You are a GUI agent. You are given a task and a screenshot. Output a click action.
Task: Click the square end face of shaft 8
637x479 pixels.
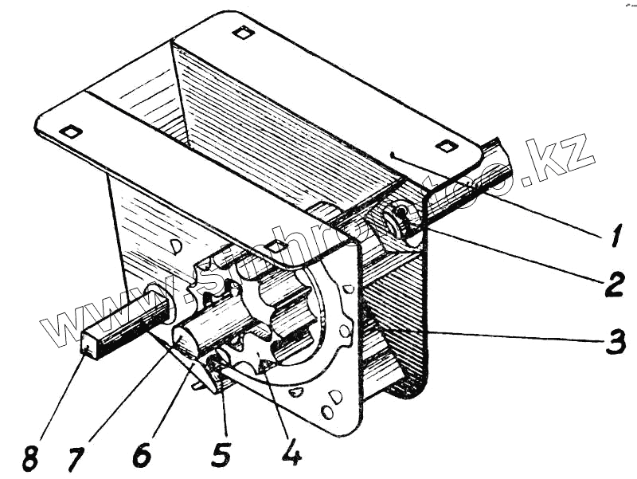[92, 345]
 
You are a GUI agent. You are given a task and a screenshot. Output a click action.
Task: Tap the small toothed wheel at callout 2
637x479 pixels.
[396, 222]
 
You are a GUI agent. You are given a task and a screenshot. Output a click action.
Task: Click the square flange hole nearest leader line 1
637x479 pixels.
[445, 145]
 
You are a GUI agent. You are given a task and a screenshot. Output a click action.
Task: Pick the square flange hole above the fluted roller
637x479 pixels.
[276, 247]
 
